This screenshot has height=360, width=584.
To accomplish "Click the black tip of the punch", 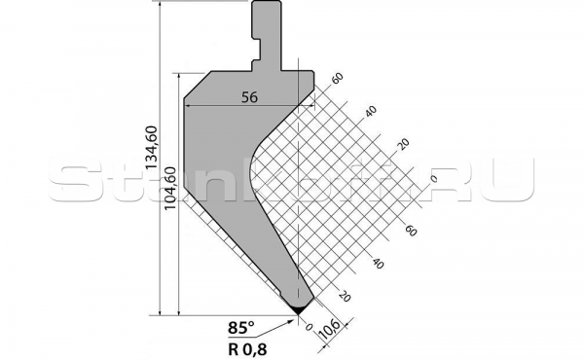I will pyautogui.click(x=299, y=307).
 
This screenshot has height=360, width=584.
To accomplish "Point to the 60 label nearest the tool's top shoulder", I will pyautogui.click(x=338, y=79).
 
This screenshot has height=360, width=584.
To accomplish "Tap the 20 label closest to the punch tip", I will pyautogui.click(x=343, y=295).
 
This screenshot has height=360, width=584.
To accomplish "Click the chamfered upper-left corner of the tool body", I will pyautogui.click(x=195, y=83).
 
